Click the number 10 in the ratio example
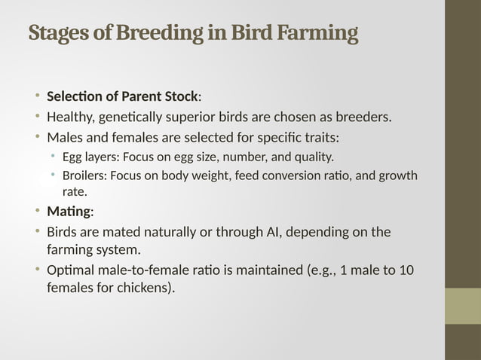tap(406, 270)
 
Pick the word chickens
tap(143, 287)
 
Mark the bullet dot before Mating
tap(37, 211)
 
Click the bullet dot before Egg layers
tap(54, 157)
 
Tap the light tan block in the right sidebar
tap(462, 306)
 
